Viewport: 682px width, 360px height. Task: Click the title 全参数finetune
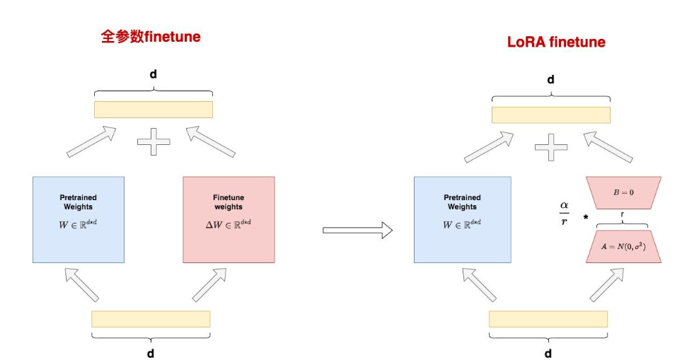tap(151, 37)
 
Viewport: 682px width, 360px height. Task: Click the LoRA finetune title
tap(556, 42)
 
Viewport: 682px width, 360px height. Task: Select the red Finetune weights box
tap(229, 219)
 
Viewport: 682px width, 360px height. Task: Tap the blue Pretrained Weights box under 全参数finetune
tap(79, 219)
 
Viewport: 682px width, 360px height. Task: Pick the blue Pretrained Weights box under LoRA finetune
tap(461, 219)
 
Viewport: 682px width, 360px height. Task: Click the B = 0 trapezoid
tap(623, 192)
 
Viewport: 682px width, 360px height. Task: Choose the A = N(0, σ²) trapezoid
tap(623, 246)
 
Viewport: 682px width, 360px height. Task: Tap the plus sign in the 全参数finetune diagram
tap(154, 142)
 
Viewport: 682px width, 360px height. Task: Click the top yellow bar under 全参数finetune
tap(154, 110)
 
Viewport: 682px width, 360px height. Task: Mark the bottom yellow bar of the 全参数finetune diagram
tap(151, 319)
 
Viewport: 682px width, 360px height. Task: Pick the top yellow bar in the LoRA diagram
tap(551, 115)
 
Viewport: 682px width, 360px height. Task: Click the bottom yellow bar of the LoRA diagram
tap(548, 319)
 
